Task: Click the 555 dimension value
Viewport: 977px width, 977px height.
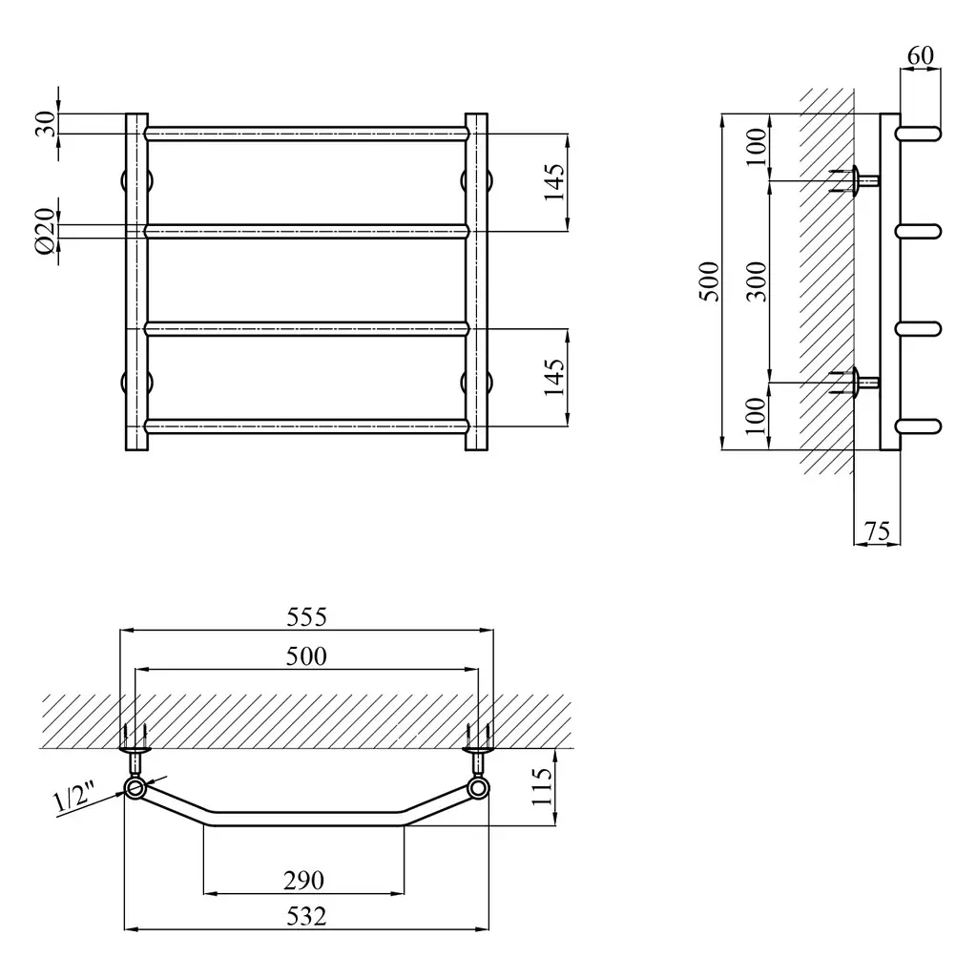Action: pyautogui.click(x=306, y=617)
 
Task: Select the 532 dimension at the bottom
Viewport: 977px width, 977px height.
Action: pyautogui.click(x=306, y=917)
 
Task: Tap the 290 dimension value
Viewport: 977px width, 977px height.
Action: pyautogui.click(x=303, y=881)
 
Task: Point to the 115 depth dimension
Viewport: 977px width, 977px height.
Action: pyautogui.click(x=542, y=786)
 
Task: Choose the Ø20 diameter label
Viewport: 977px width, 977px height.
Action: pyautogui.click(x=46, y=231)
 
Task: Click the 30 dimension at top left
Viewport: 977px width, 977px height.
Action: pyautogui.click(x=46, y=124)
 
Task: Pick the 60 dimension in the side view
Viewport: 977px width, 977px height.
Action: pyautogui.click(x=921, y=55)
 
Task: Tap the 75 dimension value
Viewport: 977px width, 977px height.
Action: pyautogui.click(x=877, y=531)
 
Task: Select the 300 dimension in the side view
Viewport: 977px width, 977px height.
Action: pyautogui.click(x=757, y=281)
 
